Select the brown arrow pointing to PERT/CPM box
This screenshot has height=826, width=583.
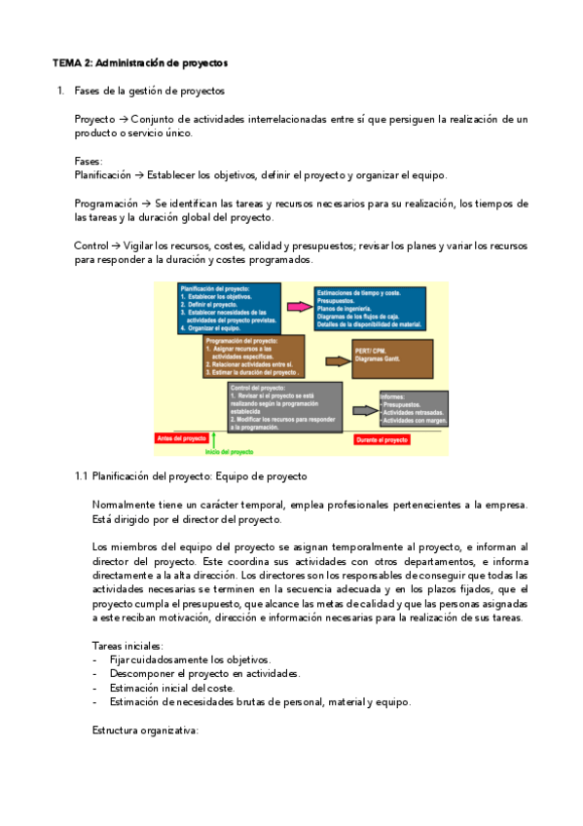[334, 360]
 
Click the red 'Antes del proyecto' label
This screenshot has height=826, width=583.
[179, 439]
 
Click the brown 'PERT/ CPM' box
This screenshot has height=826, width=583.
[391, 358]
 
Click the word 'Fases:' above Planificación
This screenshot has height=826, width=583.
[89, 161]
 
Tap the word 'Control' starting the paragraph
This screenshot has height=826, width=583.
[91, 246]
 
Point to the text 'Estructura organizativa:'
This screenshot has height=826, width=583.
[145, 730]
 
